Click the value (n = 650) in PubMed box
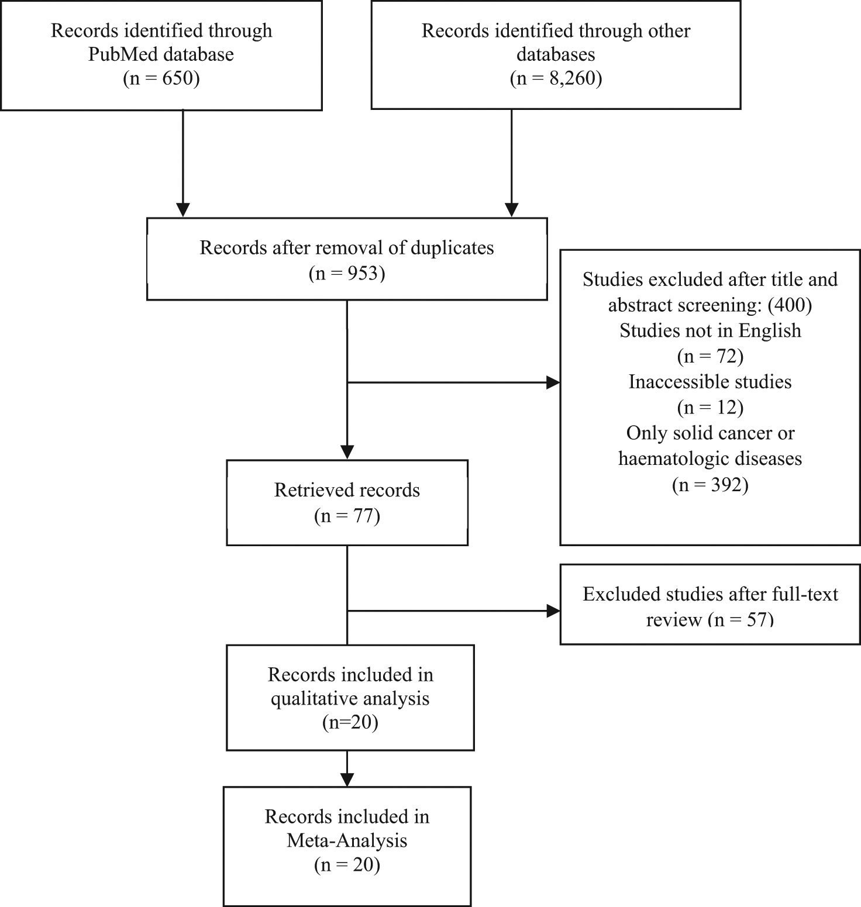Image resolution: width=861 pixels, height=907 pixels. (161, 78)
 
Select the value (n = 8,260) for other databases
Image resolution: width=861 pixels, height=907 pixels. (556, 78)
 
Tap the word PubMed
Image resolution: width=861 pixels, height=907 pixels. (122, 54)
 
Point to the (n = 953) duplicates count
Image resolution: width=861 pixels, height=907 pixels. (347, 273)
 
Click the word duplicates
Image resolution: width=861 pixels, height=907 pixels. (452, 248)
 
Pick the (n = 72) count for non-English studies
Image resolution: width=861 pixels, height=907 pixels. (710, 356)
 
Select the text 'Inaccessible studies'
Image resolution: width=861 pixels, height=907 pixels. (710, 382)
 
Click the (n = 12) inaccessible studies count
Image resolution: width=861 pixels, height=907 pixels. (710, 408)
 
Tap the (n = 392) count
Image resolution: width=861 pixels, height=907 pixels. (710, 485)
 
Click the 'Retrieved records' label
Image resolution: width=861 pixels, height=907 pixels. (347, 490)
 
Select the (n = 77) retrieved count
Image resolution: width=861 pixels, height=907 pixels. (347, 516)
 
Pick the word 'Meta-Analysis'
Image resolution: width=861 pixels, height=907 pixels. (347, 841)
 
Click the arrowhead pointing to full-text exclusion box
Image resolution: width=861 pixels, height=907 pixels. (553, 611)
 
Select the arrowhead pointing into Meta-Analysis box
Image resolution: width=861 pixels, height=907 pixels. (347, 780)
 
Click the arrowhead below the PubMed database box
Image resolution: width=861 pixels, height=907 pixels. (183, 210)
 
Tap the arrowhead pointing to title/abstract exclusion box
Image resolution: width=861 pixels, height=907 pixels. (553, 383)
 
